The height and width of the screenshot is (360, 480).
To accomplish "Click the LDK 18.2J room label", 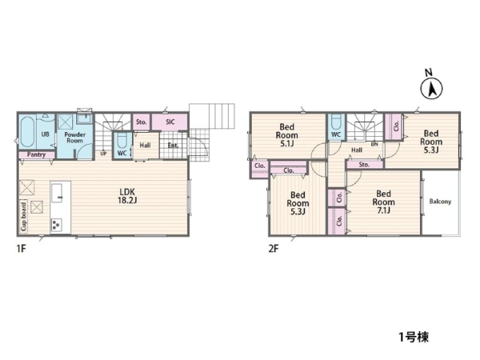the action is [x=127, y=196].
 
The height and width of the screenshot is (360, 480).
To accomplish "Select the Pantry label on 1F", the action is [x=36, y=154].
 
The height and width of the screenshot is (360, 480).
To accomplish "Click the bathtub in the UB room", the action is [x=27, y=132].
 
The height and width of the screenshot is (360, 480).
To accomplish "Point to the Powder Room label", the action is [x=74, y=138].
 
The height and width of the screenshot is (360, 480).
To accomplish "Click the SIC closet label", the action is [x=170, y=122].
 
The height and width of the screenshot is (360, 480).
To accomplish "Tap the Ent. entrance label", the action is [x=174, y=146].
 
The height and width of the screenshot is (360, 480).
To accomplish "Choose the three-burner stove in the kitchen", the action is [x=57, y=225].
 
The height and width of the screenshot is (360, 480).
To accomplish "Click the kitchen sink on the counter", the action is [x=58, y=193].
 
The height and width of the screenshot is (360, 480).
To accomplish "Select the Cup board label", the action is [x=23, y=216].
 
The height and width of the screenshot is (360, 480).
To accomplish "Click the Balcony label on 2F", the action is [x=440, y=202].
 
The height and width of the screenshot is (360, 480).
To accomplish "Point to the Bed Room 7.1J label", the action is [x=383, y=202].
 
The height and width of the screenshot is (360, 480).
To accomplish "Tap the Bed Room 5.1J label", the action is [x=287, y=135].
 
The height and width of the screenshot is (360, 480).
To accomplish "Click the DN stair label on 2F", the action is [x=374, y=144].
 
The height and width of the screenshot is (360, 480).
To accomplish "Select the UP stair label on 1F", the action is [x=103, y=154].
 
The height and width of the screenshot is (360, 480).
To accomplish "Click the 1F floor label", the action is [x=21, y=249].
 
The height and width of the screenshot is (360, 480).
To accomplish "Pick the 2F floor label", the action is [x=274, y=249].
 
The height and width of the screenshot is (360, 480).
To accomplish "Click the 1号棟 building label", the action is [x=414, y=337].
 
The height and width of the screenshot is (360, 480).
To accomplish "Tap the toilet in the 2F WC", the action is [x=336, y=122].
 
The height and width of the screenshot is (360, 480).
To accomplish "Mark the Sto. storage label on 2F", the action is [x=364, y=165].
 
